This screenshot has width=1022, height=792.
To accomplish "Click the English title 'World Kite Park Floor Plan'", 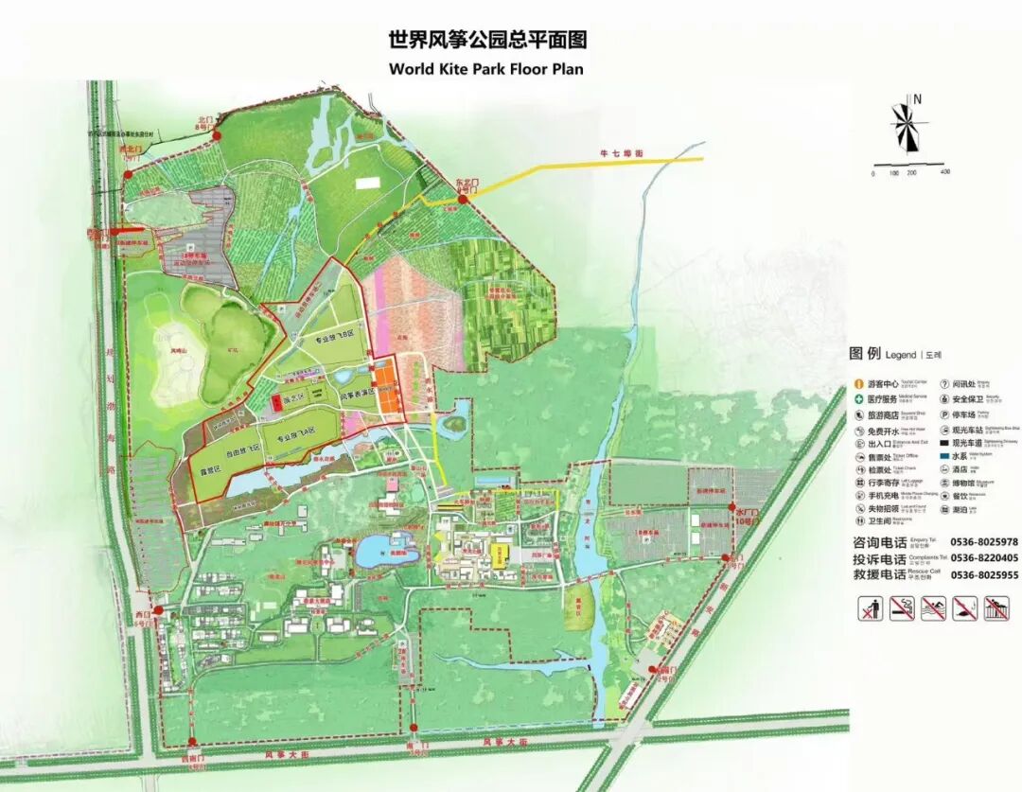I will (486, 69).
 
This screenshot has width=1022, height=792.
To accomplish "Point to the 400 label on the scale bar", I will (944, 172).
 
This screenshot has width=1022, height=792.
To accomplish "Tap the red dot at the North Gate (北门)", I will (217, 136).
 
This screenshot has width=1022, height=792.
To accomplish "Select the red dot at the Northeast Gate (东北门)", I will (465, 198).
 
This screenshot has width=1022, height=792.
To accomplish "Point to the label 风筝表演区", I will (360, 394).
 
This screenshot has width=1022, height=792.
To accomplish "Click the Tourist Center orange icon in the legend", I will (859, 384).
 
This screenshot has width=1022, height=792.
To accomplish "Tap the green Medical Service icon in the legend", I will (859, 399).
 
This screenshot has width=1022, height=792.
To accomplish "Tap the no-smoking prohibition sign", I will (902, 608).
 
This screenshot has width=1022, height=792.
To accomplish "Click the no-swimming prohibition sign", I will (933, 608).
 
